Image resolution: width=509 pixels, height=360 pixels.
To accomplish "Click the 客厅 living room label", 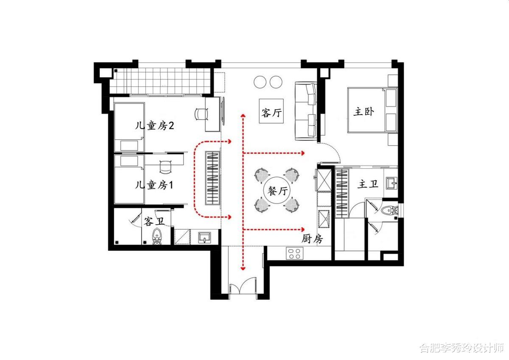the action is pyautogui.click(x=271, y=112).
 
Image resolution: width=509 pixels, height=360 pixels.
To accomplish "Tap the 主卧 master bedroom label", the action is pyautogui.click(x=364, y=112).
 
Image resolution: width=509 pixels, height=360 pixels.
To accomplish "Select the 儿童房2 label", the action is pyautogui.click(x=154, y=126).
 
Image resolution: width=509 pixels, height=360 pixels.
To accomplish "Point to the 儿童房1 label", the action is pyautogui.click(x=154, y=185).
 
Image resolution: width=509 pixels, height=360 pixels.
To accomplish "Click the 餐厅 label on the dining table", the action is pyautogui.click(x=277, y=191).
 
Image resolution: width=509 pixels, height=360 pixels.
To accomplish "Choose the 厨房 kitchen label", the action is pyautogui.click(x=312, y=239).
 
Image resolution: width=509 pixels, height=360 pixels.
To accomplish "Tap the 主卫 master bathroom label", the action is pyautogui.click(x=368, y=184).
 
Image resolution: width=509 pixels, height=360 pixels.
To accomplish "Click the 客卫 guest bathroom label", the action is pyautogui.click(x=154, y=221).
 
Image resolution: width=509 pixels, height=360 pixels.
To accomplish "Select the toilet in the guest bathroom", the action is pyautogui.click(x=157, y=237).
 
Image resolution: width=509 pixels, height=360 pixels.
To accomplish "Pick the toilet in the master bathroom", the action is pyautogui.click(x=390, y=210).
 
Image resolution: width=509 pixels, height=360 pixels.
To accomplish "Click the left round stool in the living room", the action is pyautogui.click(x=260, y=82).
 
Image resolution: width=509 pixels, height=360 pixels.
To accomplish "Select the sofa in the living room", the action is pyautogui.click(x=306, y=111).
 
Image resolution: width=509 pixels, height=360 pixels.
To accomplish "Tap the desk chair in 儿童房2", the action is pyautogui.click(x=201, y=114).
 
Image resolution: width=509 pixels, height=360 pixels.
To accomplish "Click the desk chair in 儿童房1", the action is pyautogui.click(x=166, y=167).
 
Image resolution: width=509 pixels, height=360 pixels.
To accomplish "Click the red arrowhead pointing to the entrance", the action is pyautogui.click(x=243, y=269).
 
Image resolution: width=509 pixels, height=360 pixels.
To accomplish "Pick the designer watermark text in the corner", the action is pyautogui.click(x=461, y=348).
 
